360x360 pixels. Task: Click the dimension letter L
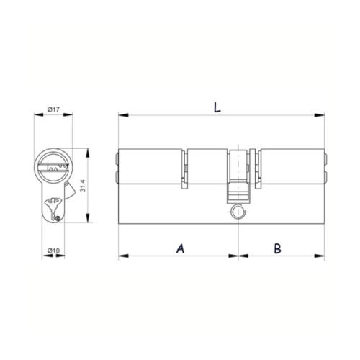[x=217, y=107]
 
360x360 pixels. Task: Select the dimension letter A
[x=181, y=248]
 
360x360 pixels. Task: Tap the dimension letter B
[x=278, y=248]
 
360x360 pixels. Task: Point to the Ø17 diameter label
[x=53, y=110]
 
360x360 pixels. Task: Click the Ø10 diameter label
[x=53, y=251]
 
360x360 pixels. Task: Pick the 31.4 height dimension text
[x=83, y=186]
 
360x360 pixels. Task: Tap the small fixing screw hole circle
[x=238, y=211]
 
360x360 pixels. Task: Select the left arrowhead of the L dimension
[x=123, y=115]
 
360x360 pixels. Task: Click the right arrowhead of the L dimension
[x=320, y=115]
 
